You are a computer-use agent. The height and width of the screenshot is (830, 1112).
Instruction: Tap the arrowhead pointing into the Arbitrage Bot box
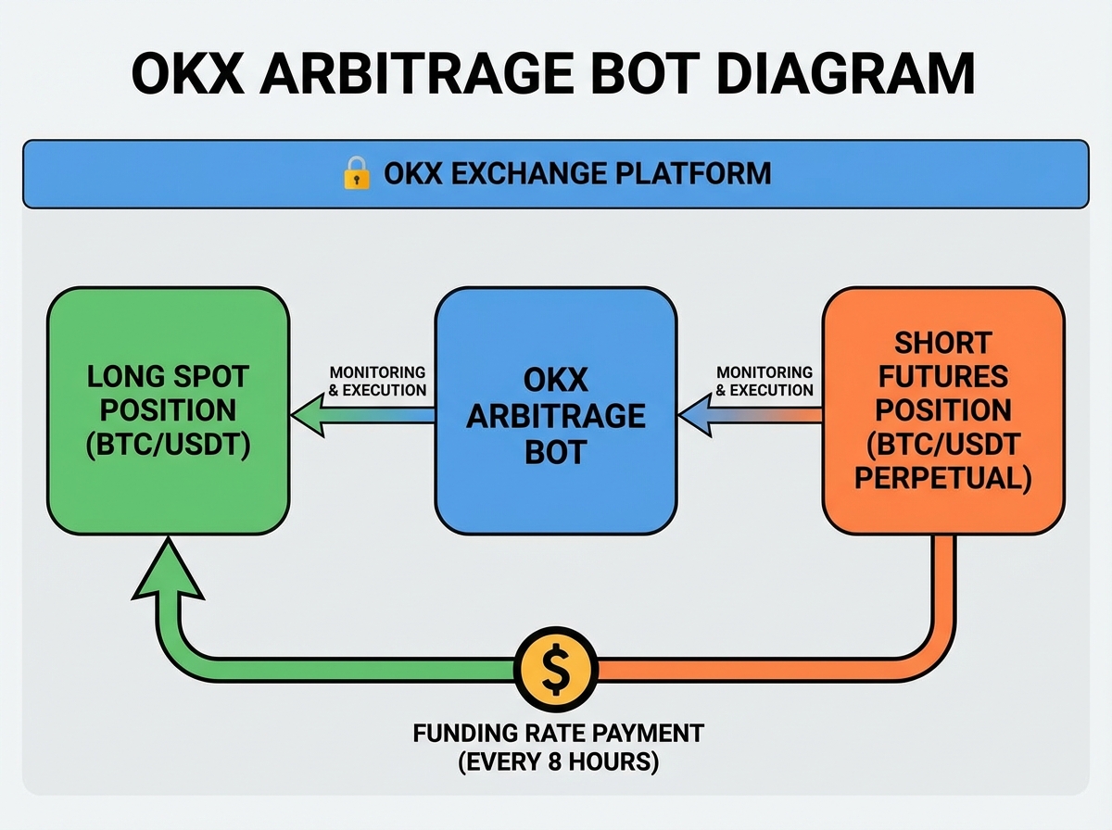click(696, 415)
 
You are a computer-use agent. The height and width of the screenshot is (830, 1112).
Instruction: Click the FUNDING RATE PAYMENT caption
click(557, 735)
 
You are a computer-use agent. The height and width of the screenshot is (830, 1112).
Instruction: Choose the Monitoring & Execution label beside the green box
click(378, 381)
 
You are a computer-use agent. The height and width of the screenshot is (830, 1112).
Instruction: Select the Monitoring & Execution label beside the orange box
click(764, 381)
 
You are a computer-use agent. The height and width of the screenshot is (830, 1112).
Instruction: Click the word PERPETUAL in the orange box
click(943, 479)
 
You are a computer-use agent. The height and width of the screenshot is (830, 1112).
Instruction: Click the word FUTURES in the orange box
click(943, 377)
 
